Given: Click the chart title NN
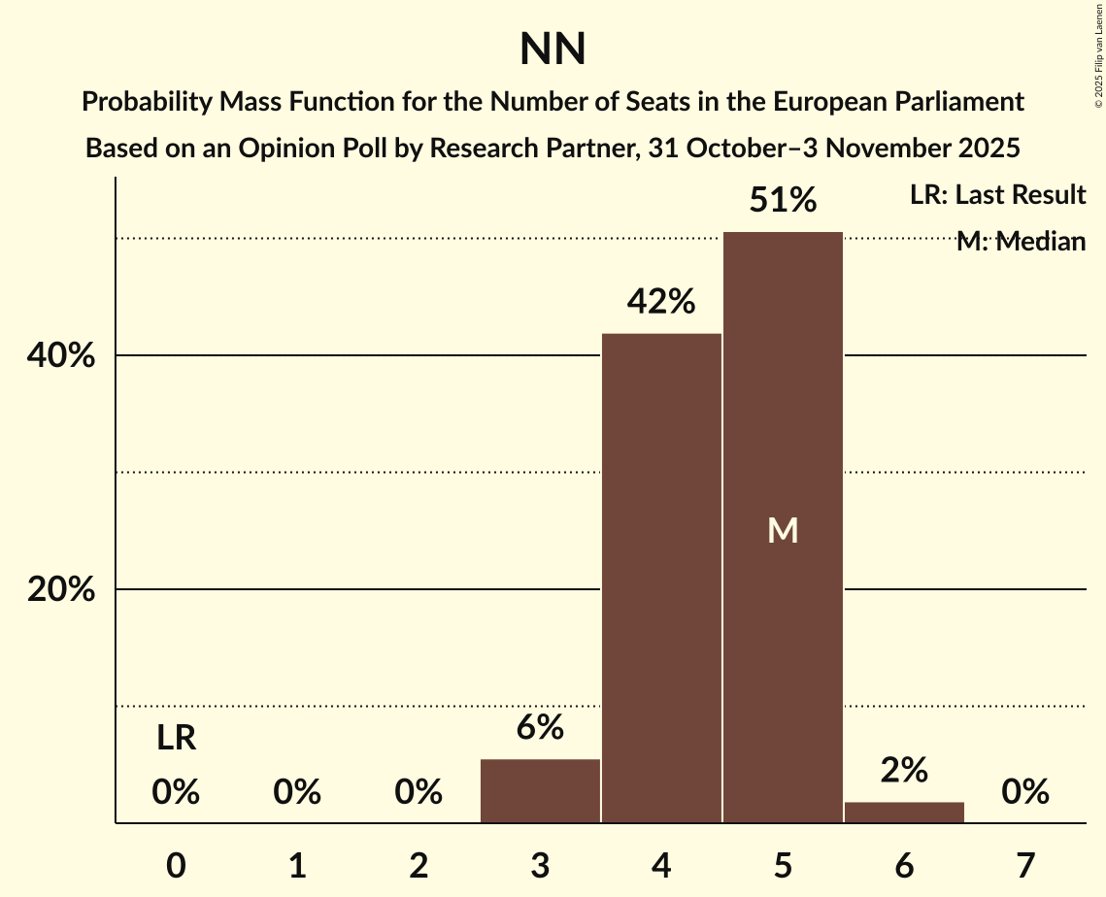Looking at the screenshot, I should coord(553,50).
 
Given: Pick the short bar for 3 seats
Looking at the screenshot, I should coord(540,791).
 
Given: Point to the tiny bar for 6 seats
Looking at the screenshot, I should coord(904,813).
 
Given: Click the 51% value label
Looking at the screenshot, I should coord(783,201).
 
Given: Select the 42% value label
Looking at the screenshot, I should coord(661,303).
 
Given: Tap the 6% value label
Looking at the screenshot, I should coord(540,728).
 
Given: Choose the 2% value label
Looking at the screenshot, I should coord(904,771).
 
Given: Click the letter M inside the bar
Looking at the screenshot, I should coord(783,530).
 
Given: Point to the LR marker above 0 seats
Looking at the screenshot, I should coord(176,740).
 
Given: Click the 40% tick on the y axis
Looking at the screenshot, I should coord(60,356).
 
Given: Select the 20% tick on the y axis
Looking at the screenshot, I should coord(60,590).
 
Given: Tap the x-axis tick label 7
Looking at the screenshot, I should coord(1025,865).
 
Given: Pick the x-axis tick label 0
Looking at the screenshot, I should coord(176,865).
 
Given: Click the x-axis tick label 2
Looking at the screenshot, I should coord(419,865).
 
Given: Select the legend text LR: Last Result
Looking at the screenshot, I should coord(997,195).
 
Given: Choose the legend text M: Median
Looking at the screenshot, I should coord(1021,242).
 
